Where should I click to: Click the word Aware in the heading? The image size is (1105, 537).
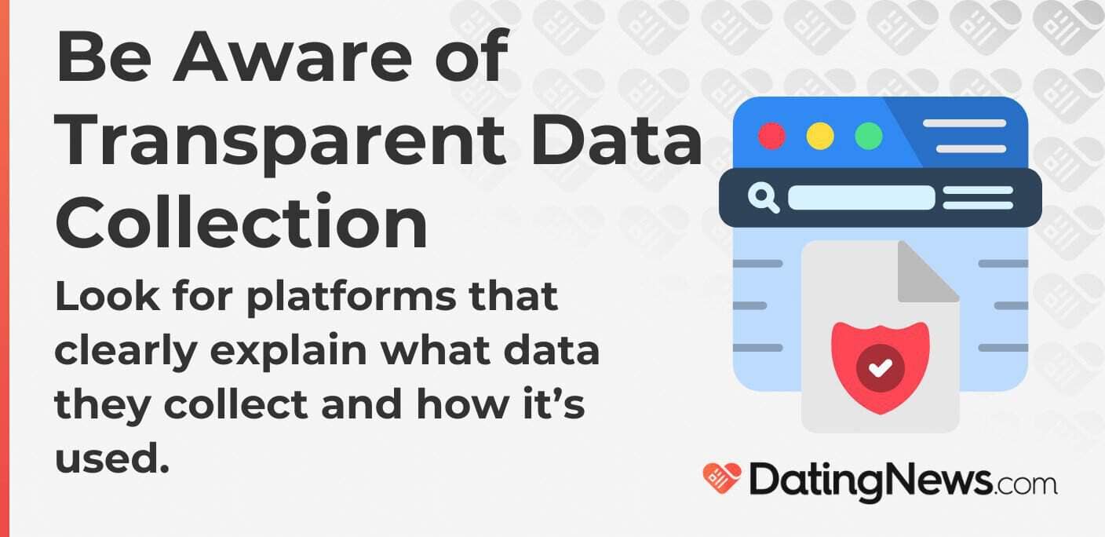point(293,57)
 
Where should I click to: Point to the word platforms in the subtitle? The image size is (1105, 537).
point(351,298)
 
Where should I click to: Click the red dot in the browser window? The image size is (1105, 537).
point(771,137)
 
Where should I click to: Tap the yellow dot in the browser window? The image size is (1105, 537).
point(820,137)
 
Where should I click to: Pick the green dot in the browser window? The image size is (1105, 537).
point(868,137)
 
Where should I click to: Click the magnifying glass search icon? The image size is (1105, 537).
point(763,198)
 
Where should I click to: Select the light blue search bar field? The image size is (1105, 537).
point(861,198)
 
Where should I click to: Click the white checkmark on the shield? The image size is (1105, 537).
point(881,367)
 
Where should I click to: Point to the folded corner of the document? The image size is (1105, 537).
point(928,272)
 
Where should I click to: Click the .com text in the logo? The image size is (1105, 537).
point(1025,484)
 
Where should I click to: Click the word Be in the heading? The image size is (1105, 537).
point(104,57)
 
